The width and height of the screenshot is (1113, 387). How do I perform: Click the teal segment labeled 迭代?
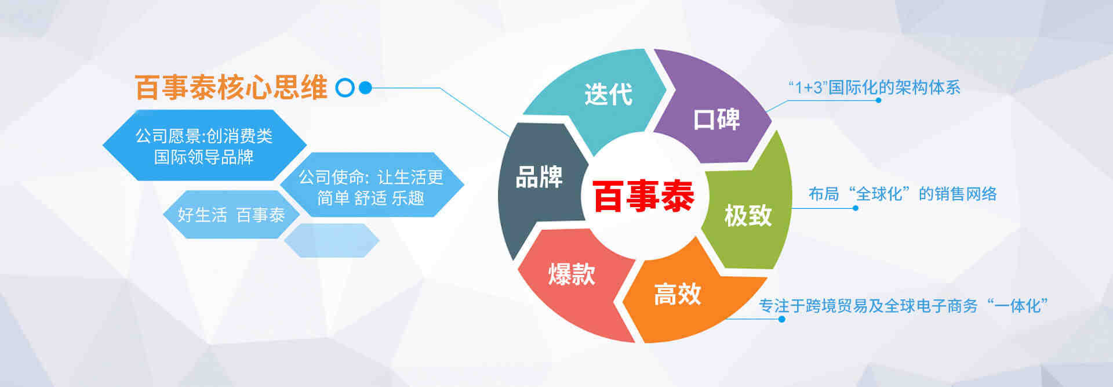603,96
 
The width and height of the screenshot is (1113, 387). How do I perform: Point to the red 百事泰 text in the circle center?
643,196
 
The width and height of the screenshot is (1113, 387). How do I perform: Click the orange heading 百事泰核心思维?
231,88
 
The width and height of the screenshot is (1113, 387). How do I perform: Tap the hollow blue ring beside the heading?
345,88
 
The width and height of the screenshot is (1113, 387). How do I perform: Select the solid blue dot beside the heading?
365,88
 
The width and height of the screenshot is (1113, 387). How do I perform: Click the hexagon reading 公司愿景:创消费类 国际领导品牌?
204,145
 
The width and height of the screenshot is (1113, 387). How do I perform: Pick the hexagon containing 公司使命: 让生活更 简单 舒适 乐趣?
372,185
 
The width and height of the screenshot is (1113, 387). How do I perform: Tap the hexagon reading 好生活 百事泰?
231,215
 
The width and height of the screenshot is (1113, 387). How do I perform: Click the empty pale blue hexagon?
332,240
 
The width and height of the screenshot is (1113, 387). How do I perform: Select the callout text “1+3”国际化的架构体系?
874,88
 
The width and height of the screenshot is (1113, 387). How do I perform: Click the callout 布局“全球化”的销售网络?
903,194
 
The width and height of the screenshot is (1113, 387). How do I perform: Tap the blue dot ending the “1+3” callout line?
878,100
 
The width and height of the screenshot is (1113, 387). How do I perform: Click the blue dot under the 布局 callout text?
856,208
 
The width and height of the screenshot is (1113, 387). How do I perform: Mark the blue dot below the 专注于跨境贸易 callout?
781,319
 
